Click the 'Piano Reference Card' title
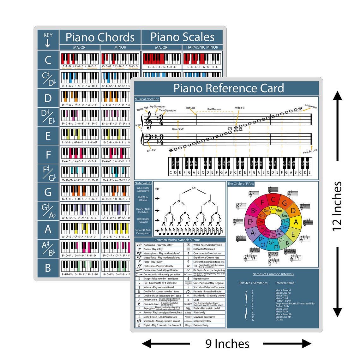228,88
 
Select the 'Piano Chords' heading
100,37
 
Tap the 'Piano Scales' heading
182,37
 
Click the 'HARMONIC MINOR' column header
202,47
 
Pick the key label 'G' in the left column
48,192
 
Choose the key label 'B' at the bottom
48,268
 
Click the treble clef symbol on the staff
148,120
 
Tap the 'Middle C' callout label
239,108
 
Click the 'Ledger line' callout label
311,106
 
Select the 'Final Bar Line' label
310,151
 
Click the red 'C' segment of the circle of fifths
273,200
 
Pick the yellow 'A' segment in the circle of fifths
296,222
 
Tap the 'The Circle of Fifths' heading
241,183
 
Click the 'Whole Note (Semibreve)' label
143,189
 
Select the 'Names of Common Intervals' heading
273,274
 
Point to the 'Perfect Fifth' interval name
282,306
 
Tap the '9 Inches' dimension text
227,344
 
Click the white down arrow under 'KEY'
48,44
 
